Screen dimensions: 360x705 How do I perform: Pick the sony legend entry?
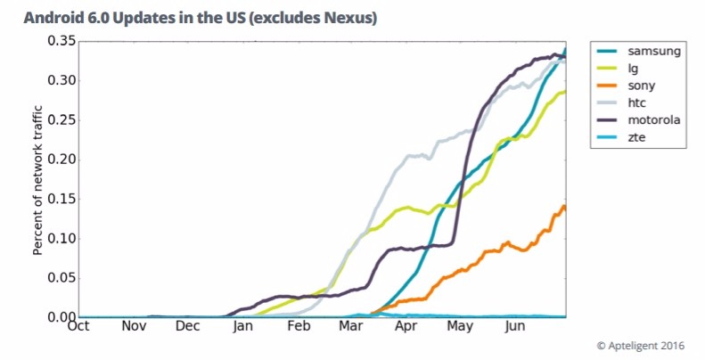645,86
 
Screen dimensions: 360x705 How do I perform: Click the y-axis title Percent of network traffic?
38,179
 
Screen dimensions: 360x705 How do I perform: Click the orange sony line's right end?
564,208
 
